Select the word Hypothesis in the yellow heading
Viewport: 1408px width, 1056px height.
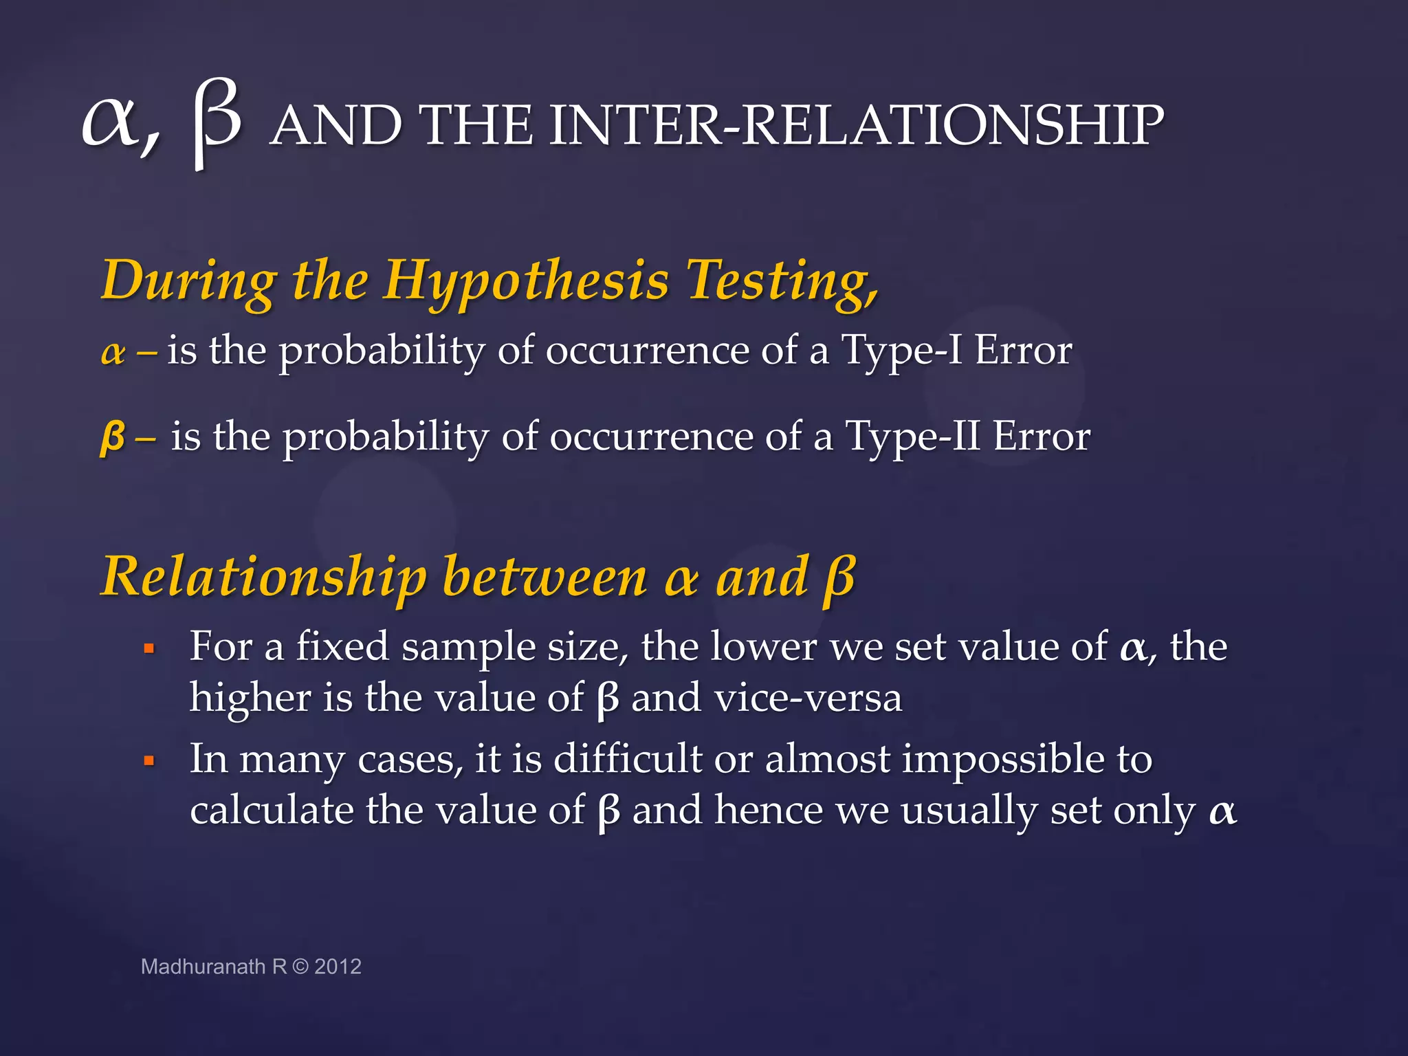[525, 282]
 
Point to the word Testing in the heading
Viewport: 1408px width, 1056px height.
[781, 282]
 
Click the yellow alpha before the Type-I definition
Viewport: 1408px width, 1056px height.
[113, 353]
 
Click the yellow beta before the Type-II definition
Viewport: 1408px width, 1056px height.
[113, 437]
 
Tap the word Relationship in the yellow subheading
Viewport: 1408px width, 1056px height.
[263, 577]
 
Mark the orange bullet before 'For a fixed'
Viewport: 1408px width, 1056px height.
[148, 648]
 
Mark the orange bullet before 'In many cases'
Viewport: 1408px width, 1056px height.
[148, 760]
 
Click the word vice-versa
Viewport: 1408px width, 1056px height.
[808, 698]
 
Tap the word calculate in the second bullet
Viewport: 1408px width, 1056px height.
[272, 811]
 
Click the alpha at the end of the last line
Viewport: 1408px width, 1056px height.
[1222, 812]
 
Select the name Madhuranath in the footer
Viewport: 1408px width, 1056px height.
[203, 967]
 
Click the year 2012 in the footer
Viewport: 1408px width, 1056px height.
[338, 967]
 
